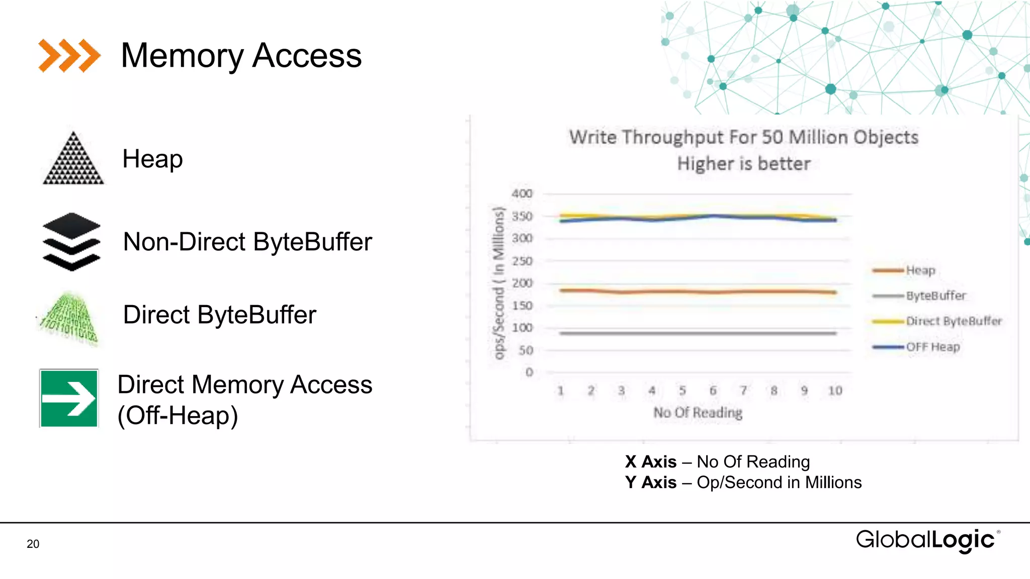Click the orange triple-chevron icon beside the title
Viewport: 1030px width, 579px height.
click(69, 55)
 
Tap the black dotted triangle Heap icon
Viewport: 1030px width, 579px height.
click(73, 158)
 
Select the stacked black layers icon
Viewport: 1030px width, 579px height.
click(71, 242)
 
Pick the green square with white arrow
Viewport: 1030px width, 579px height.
click(69, 398)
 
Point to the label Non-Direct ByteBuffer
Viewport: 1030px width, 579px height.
click(247, 242)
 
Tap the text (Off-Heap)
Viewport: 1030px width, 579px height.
click(178, 416)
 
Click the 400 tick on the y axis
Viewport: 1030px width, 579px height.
click(522, 194)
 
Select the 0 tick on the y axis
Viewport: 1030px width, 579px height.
click(529, 372)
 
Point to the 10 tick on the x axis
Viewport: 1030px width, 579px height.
click(835, 391)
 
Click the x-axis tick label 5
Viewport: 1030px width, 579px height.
click(682, 391)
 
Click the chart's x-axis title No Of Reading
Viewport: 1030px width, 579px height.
click(698, 413)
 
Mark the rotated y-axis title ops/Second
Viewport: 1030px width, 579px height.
click(498, 283)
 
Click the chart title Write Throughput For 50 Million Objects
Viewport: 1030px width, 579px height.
click(743, 137)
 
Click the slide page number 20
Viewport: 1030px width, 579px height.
click(33, 544)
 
